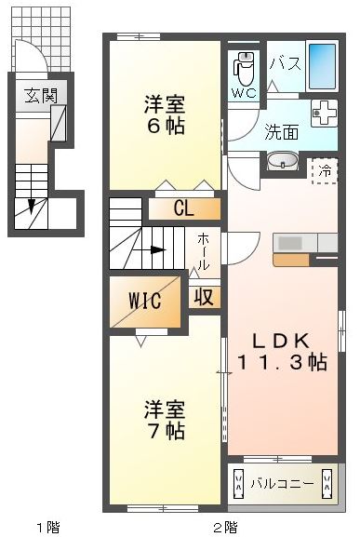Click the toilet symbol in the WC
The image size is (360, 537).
tap(244, 68)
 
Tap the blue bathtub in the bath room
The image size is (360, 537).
tap(322, 66)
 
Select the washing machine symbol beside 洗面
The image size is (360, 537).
tap(324, 113)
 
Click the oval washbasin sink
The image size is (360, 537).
tap(282, 161)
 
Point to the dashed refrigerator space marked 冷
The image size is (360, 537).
tap(325, 171)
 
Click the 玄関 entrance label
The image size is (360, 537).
tap(40, 95)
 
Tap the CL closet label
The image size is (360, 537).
tap(184, 208)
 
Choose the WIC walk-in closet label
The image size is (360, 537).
tap(145, 301)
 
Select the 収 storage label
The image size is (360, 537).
tap(205, 297)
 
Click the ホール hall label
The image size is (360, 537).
tap(203, 251)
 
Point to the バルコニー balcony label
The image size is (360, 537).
tap(282, 484)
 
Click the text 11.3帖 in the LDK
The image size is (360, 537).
tap(282, 362)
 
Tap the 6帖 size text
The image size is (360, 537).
tap(166, 126)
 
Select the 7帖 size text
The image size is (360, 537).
tap(166, 431)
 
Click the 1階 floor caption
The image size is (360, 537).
tap(48, 527)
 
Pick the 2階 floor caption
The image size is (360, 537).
tap(225, 527)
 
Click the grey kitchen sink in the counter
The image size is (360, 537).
tap(290, 243)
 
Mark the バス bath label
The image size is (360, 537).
tap(286, 63)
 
